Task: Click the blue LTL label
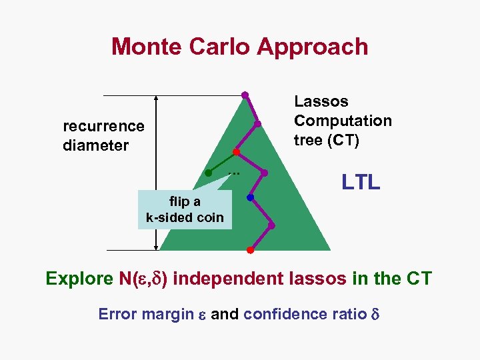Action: (x=361, y=181)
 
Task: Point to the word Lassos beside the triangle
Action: (x=321, y=101)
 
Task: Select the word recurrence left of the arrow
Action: (x=103, y=126)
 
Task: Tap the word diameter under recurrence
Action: (x=95, y=145)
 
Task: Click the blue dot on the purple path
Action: (x=250, y=197)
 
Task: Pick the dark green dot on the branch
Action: (x=208, y=173)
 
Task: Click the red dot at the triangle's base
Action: (x=249, y=250)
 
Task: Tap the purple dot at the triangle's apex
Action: (x=245, y=95)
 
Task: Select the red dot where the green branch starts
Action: (x=236, y=152)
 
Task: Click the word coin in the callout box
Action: (x=210, y=217)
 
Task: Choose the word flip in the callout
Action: (x=179, y=202)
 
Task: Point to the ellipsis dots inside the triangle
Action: (x=233, y=173)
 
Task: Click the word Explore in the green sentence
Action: (x=75, y=279)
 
